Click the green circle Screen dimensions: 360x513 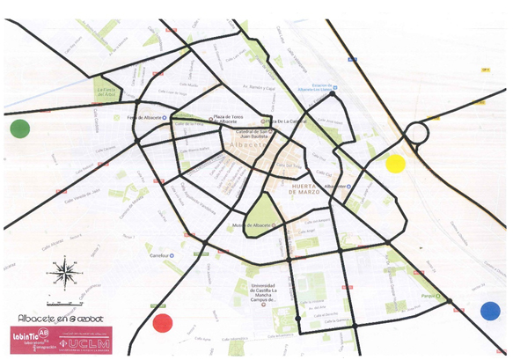(19, 129)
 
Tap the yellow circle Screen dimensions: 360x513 (395, 163)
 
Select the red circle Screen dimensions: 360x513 (162, 322)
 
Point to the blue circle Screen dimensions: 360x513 (489, 310)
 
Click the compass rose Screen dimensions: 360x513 (63, 272)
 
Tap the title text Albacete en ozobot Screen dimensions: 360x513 (55, 316)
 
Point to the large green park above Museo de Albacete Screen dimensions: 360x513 (262, 209)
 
